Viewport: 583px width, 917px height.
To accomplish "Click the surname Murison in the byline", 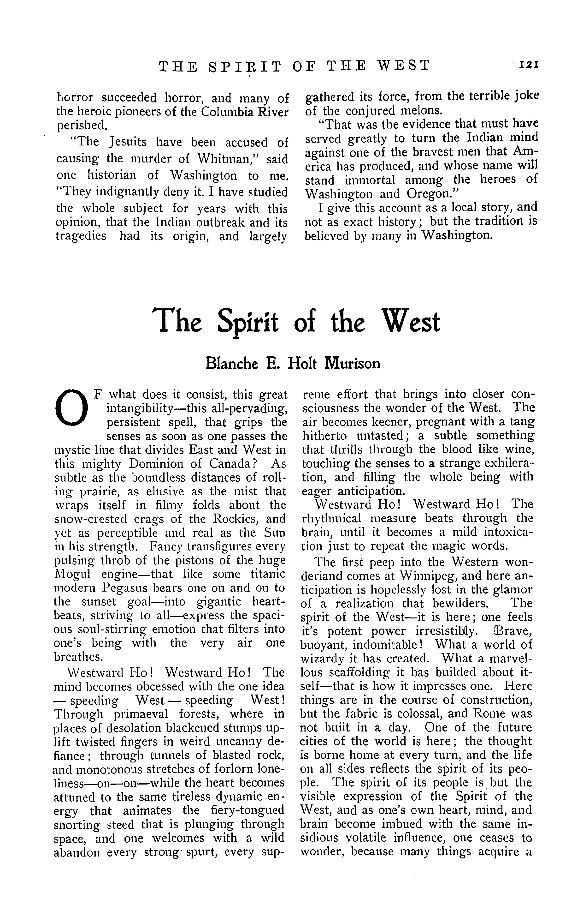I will coord(352,363).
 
